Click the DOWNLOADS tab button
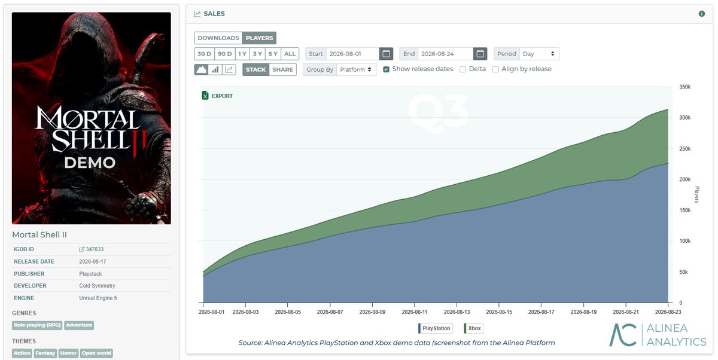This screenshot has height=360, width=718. [218, 38]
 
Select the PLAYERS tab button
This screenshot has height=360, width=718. [259, 38]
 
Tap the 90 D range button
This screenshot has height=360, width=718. [225, 54]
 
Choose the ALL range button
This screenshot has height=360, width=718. [290, 54]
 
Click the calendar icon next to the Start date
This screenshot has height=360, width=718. [387, 54]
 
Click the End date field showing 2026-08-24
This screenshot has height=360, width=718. [446, 54]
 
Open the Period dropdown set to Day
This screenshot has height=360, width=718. [539, 54]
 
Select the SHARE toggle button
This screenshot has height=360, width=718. [282, 69]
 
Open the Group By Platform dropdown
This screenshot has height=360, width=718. [356, 69]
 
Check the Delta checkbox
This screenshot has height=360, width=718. [463, 69]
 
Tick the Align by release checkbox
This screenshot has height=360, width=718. [495, 69]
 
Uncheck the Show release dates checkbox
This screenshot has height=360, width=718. [387, 69]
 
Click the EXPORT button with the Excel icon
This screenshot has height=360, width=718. [217, 96]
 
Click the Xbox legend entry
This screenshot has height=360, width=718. [473, 328]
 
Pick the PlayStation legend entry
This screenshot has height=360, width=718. [436, 328]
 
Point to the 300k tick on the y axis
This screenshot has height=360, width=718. [684, 118]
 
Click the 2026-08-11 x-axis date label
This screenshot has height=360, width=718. [415, 312]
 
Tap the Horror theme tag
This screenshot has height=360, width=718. [68, 353]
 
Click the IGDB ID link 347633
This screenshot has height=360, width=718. [92, 249]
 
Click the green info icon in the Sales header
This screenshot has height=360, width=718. [702, 14]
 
